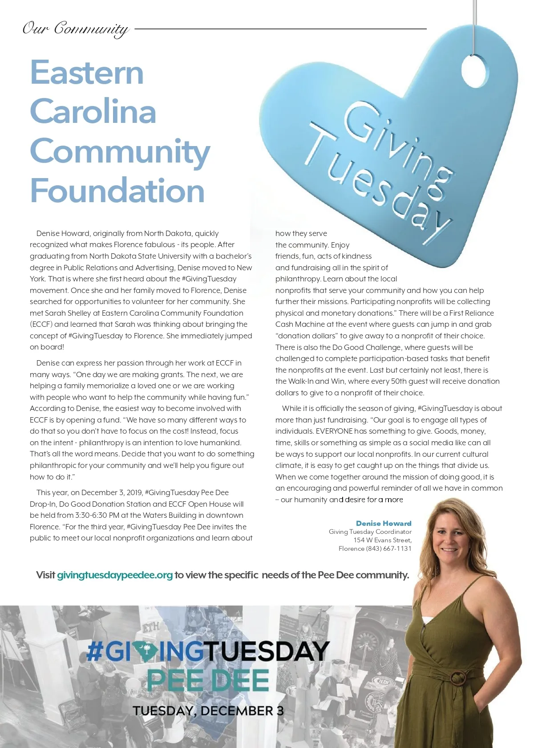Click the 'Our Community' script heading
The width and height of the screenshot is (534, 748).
click(x=76, y=29)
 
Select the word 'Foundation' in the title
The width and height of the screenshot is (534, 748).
click(x=117, y=191)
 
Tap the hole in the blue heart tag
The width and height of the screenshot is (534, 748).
click(x=475, y=71)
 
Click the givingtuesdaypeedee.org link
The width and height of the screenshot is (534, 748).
click(x=114, y=575)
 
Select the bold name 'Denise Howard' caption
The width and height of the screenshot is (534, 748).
click(x=384, y=523)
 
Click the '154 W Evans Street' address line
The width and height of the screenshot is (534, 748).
click(x=382, y=540)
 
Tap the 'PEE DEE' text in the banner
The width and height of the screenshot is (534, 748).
click(x=208, y=680)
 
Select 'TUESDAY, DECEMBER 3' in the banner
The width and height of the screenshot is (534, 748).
click(x=208, y=711)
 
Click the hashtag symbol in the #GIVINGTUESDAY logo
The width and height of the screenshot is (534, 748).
click(x=94, y=651)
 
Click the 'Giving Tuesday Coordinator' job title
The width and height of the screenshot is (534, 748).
click(x=370, y=532)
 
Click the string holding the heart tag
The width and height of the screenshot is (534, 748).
click(x=475, y=22)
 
